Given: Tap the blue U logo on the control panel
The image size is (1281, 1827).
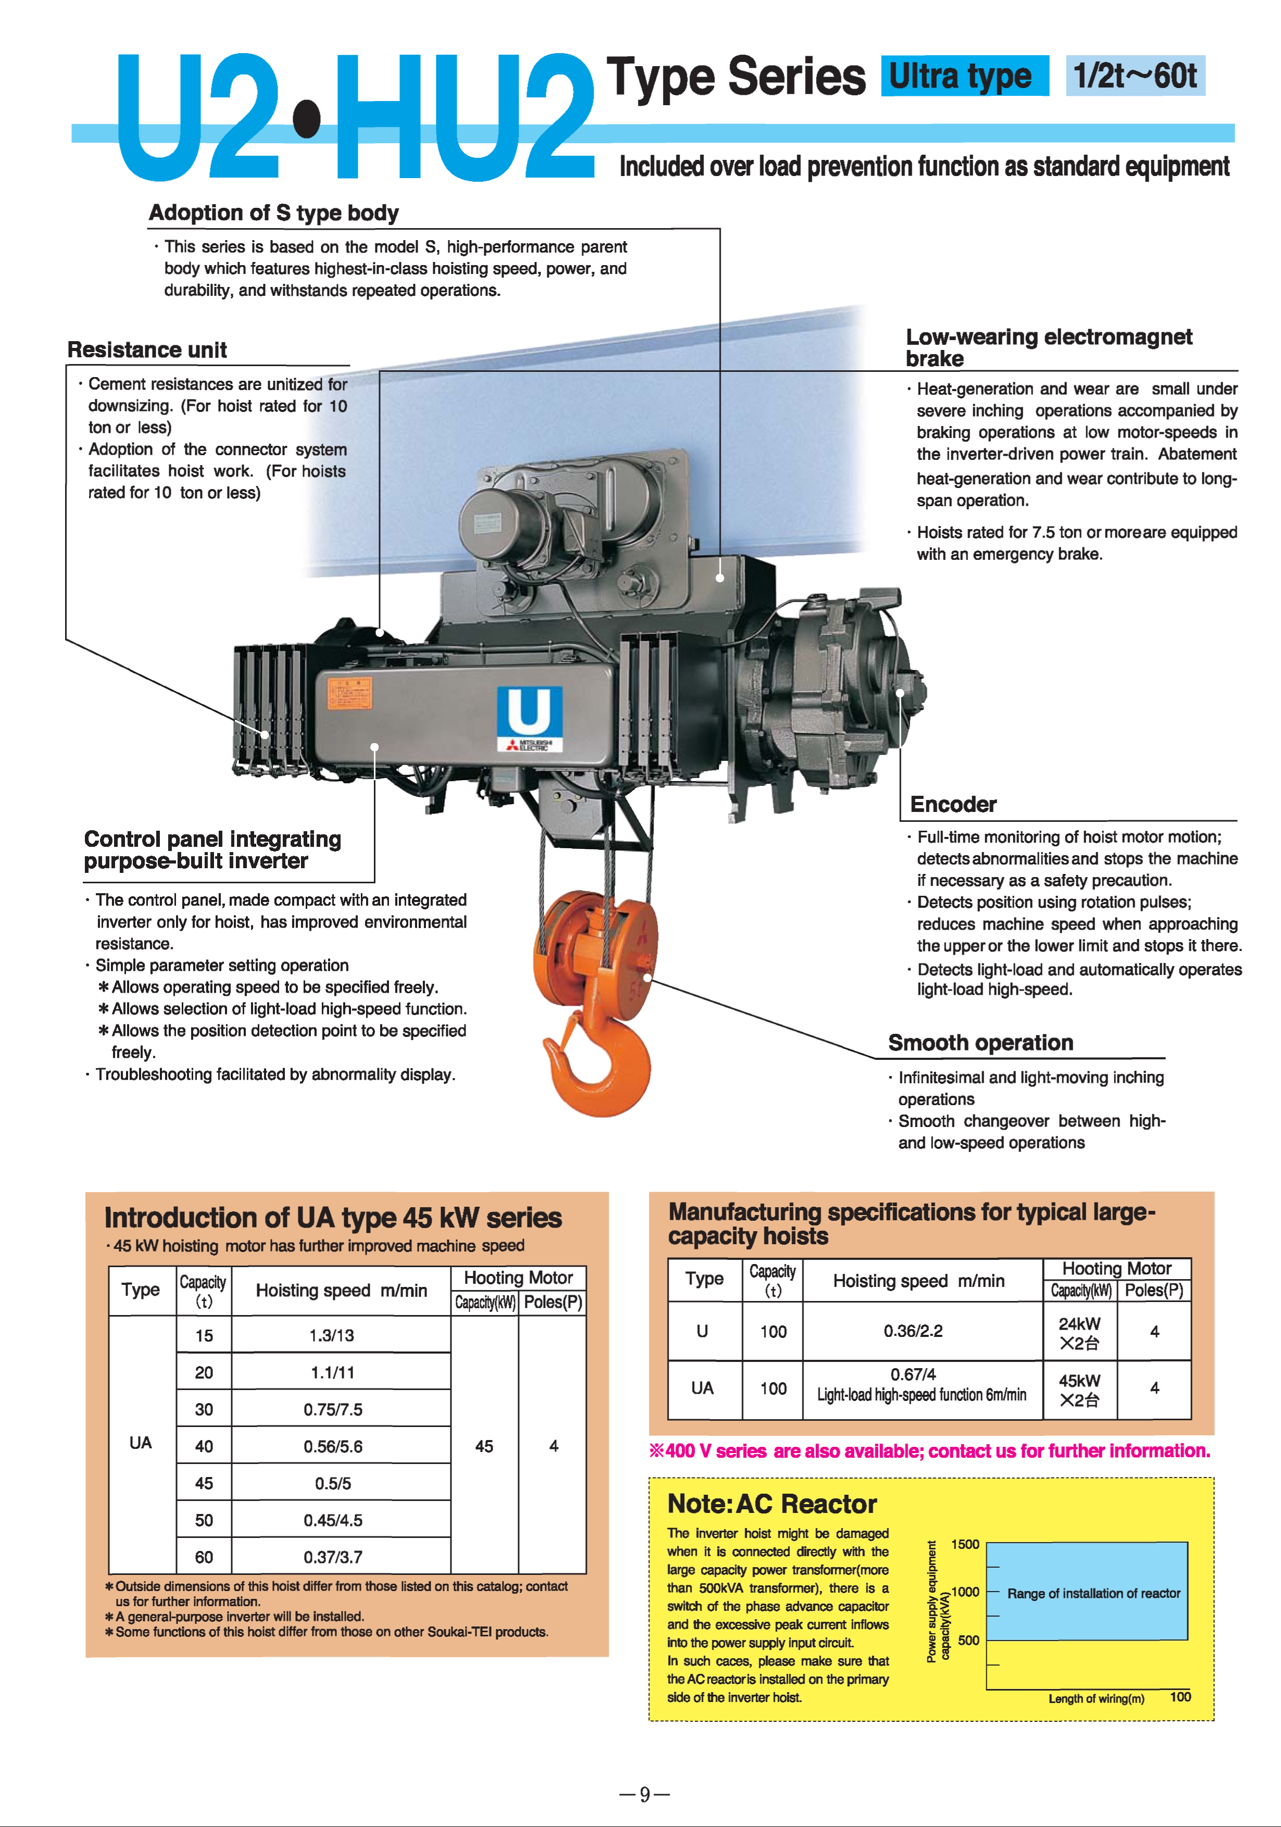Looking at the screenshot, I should (x=529, y=712).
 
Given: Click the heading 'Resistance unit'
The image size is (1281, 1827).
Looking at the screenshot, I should (x=147, y=350).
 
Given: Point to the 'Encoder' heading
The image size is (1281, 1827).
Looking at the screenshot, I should (x=952, y=805).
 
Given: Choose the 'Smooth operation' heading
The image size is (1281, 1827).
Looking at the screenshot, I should (x=980, y=1043).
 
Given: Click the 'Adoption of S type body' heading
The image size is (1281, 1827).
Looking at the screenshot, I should (x=274, y=213).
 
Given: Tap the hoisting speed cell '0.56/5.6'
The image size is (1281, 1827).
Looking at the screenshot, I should (x=333, y=1447).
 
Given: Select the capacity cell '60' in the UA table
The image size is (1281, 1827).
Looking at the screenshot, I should (x=205, y=1557).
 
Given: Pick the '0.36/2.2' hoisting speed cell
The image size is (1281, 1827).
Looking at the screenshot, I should (x=913, y=1331).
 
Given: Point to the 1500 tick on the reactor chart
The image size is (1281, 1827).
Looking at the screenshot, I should (x=965, y=1545).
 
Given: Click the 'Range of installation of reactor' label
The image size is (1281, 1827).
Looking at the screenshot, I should (x=1093, y=1593).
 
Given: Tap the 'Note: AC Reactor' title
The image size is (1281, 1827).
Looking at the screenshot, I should (x=772, y=1504).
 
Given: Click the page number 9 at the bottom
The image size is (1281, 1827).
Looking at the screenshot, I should (x=645, y=1794).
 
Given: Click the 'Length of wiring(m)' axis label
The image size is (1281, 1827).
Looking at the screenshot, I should (x=1096, y=1699).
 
